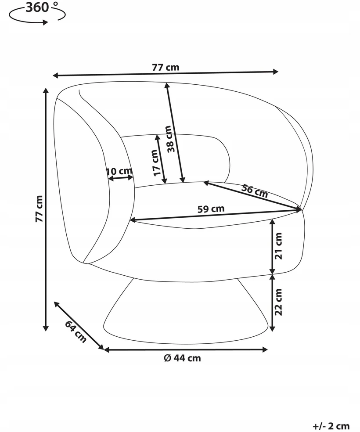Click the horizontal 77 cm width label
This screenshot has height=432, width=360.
166,67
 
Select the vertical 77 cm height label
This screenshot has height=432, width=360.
39,209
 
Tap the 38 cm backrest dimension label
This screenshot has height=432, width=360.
171,139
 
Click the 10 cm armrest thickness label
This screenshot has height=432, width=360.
119,171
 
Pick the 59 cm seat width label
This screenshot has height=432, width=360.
211,209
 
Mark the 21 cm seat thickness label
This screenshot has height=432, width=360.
279,246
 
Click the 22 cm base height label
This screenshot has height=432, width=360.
279,302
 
